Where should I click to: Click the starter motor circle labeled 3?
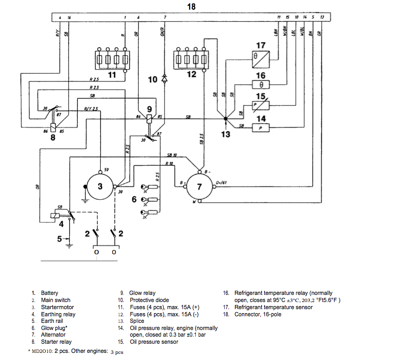pyautogui.click(x=100, y=187)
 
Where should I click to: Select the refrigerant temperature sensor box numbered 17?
pyautogui.click(x=262, y=57)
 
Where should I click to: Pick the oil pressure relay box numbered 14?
pyautogui.click(x=261, y=129)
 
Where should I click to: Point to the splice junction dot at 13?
pyautogui.click(x=226, y=119)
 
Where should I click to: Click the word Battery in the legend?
pyautogui.click(x=50, y=293)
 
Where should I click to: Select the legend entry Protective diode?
pyautogui.click(x=149, y=300)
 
